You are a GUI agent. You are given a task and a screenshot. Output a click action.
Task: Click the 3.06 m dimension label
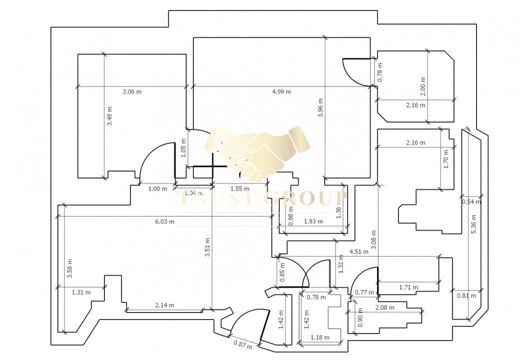[x=132, y=91]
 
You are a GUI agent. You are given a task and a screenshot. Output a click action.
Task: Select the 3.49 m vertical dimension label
[x=110, y=116]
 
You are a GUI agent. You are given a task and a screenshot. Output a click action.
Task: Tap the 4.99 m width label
[x=282, y=91]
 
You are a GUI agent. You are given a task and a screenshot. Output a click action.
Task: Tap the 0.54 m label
[x=472, y=202]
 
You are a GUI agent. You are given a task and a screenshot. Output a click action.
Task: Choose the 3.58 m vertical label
[x=70, y=268]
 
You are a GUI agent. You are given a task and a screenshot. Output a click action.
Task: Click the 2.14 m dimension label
[x=165, y=305]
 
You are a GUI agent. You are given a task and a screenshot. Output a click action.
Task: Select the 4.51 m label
[x=359, y=251]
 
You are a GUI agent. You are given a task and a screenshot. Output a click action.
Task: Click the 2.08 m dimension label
[x=384, y=307]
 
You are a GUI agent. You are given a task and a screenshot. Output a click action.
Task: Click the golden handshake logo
[x=257, y=150]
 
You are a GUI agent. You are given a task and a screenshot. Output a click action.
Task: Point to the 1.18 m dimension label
[x=320, y=337]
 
